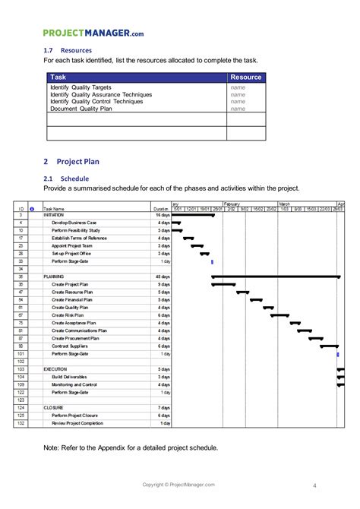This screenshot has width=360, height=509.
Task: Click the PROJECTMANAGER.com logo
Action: pos(93,33)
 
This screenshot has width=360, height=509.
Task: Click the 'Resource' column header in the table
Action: pos(246,77)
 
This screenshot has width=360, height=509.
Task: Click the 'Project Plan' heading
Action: pos(77,161)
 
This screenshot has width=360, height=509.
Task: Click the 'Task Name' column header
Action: pos(54,209)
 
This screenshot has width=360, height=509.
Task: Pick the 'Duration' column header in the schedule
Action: pos(160,209)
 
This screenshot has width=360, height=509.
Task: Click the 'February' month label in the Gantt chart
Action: pos(232,204)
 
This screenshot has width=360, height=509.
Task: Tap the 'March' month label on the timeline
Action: pos(284,204)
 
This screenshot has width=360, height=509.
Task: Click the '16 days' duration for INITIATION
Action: pos(162,215)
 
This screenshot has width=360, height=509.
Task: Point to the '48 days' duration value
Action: pos(162,277)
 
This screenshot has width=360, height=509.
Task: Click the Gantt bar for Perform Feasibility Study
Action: pos(176,230)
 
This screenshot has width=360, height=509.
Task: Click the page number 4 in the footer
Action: pos(314,485)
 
